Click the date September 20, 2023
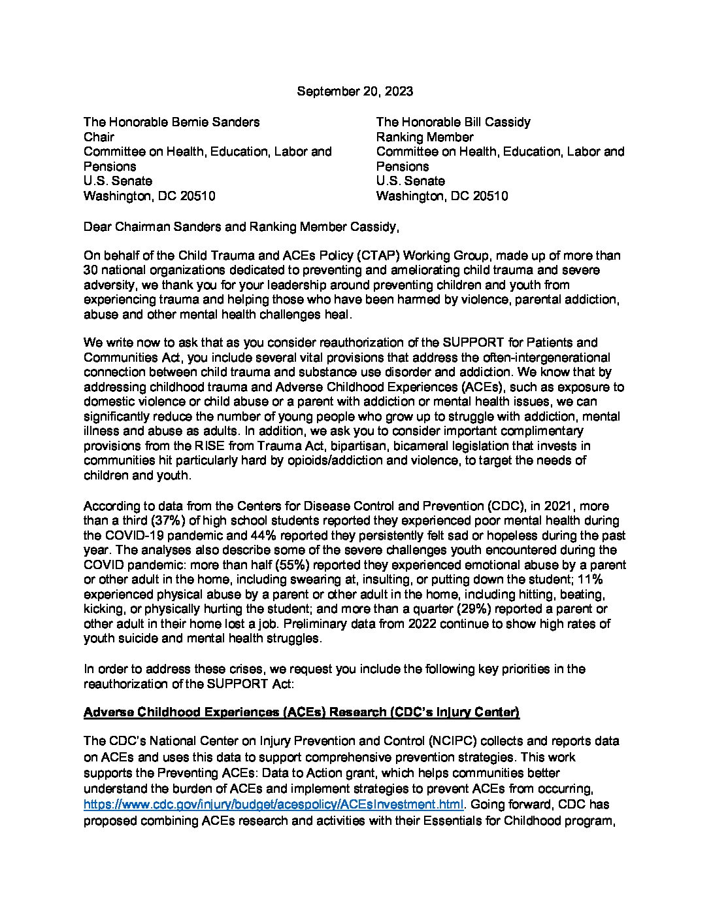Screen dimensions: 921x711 (355, 92)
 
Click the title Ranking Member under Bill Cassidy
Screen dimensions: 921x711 (425, 137)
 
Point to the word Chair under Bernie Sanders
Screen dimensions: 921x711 (99, 137)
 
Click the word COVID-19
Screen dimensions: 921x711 (139, 535)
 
